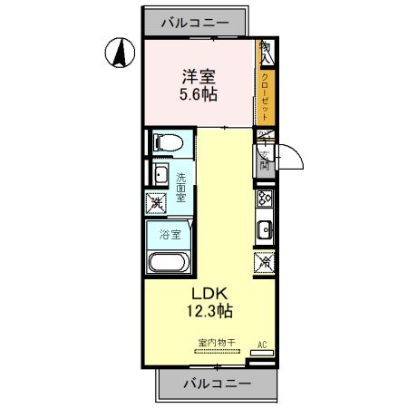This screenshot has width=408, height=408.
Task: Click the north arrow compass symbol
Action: (117, 53)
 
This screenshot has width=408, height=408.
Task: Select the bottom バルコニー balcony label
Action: (214, 384)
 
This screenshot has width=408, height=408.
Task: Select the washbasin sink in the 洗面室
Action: (160, 175)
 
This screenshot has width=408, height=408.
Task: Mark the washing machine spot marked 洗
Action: (158, 204)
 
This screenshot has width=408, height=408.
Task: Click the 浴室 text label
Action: (168, 233)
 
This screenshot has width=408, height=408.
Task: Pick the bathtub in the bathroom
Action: (168, 263)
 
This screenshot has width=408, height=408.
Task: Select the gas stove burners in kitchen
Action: (266, 199)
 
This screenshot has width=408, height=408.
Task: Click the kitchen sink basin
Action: (266, 228)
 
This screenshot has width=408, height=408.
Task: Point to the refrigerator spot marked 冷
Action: (266, 263)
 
